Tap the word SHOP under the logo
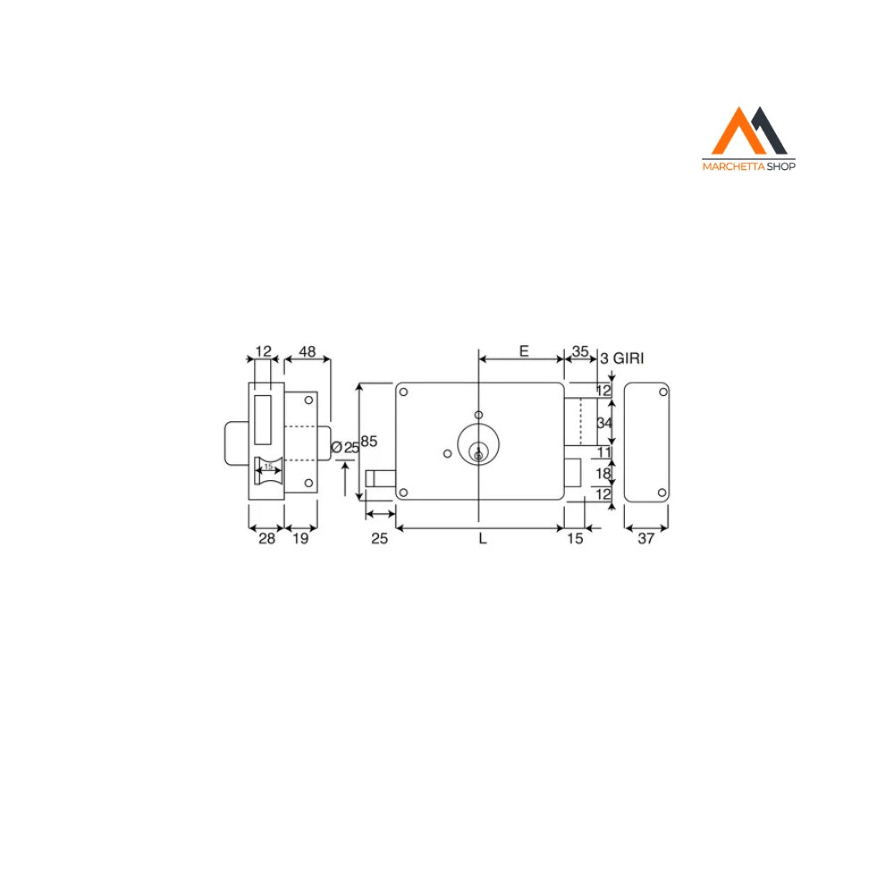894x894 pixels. coord(781,166)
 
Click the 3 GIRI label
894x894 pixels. coord(622,358)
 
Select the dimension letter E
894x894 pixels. coord(524,351)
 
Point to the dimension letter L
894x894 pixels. coord(483,539)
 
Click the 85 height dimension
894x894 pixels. coord(369,442)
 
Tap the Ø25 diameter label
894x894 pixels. coord(345,448)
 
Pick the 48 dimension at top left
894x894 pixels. coord(308,351)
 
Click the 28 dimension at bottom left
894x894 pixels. coord(266,539)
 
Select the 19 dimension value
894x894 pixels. coord(300,539)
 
